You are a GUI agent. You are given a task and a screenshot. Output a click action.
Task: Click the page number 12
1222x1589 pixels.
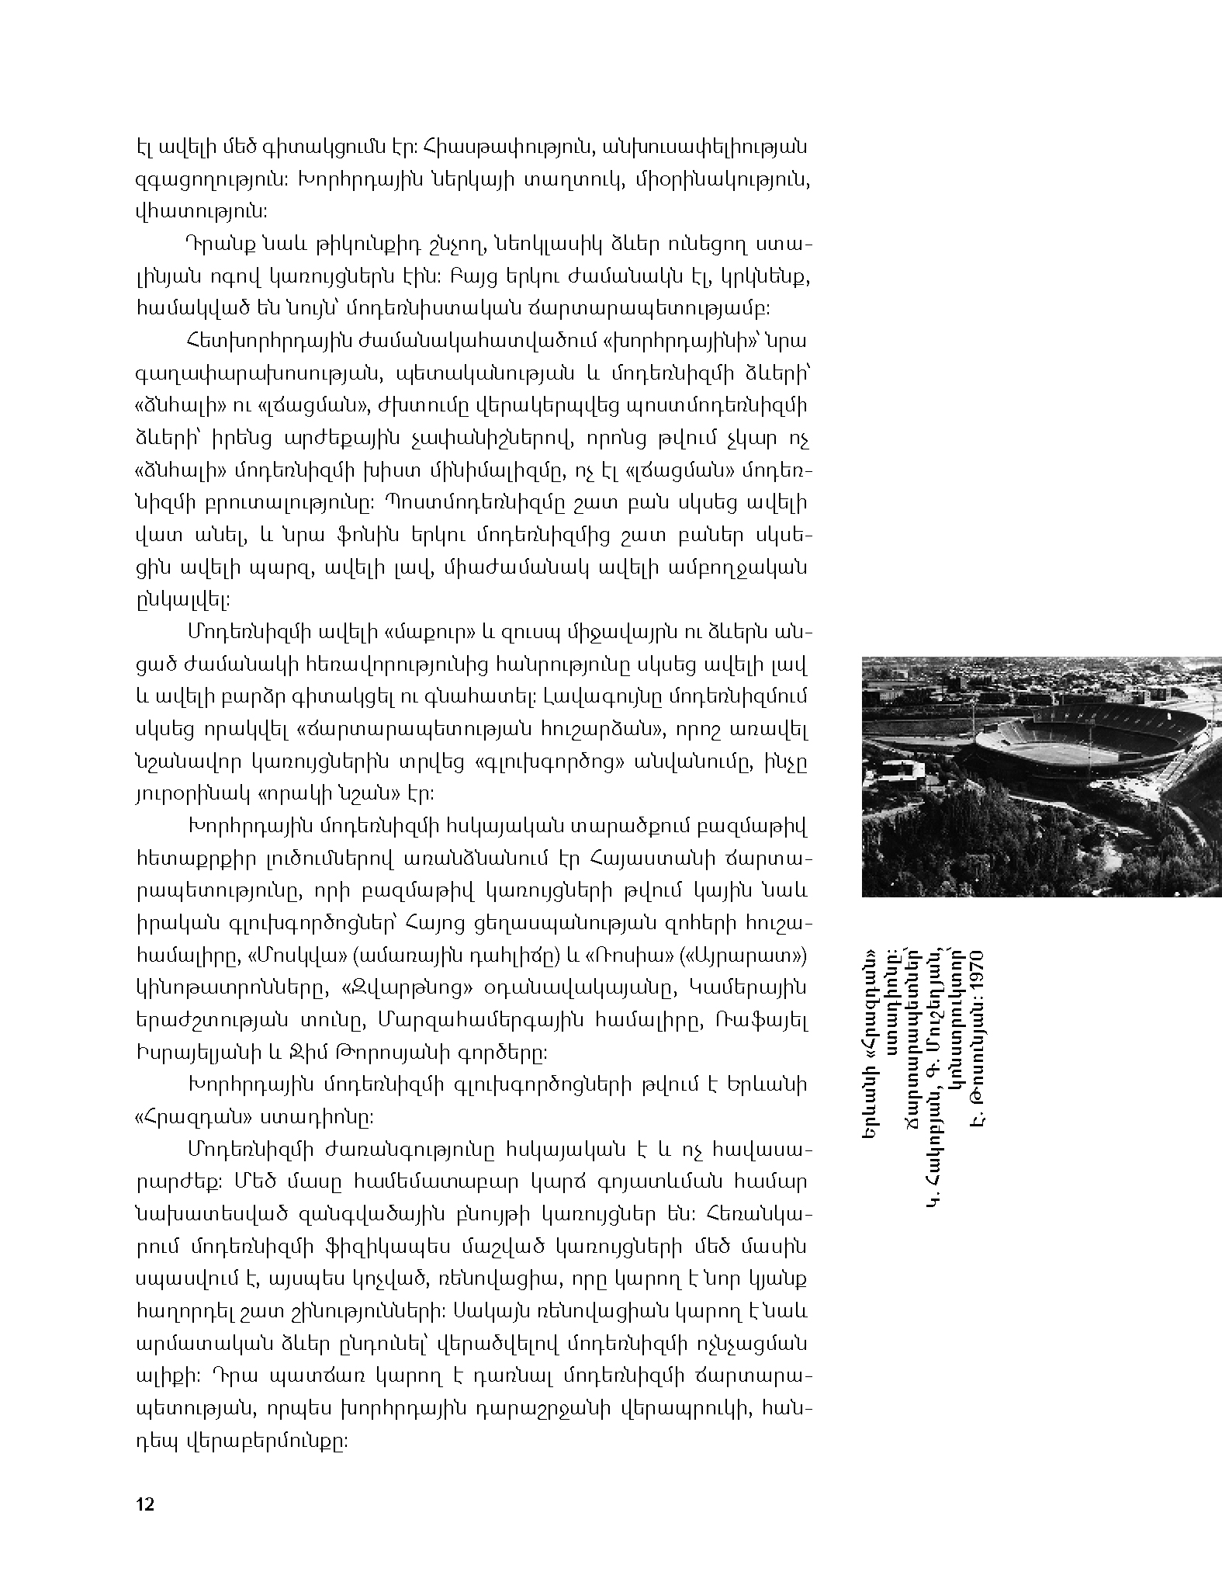pos(145,1504)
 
